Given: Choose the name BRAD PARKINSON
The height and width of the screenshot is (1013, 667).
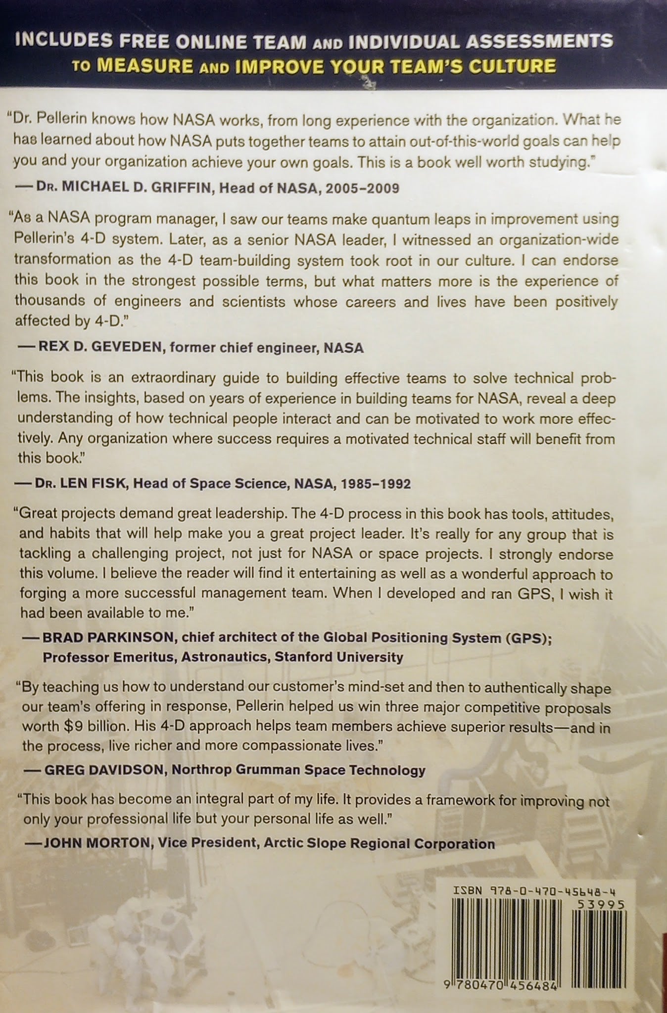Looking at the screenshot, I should pos(108,638).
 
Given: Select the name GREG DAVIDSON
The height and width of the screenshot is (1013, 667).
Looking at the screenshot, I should pos(105,770).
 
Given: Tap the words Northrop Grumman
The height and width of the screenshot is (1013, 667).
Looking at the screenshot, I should pos(271,770).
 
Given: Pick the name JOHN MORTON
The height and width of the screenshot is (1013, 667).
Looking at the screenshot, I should pos(96,843).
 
